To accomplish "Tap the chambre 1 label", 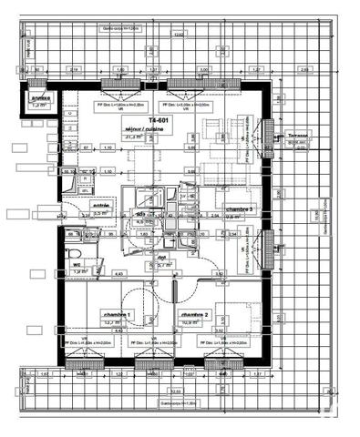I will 117,314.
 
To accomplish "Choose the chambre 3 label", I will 241,208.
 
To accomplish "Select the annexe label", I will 39,98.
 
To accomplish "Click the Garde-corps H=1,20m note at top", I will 121,28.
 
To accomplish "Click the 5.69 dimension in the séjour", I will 191,147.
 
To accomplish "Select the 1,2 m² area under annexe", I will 38,106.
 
